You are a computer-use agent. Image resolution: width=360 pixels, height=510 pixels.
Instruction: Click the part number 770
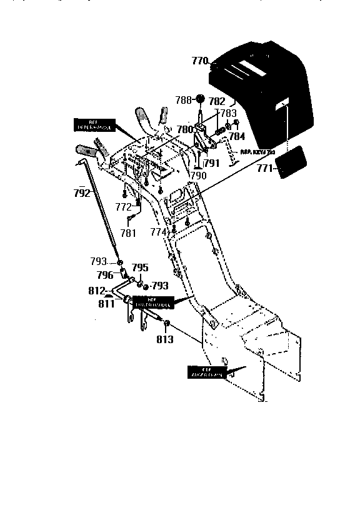pyautogui.click(x=200, y=61)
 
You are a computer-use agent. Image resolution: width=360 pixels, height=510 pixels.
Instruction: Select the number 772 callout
pyautogui.click(x=123, y=206)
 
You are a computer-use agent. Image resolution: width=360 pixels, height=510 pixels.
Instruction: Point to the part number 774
pyautogui.click(x=159, y=231)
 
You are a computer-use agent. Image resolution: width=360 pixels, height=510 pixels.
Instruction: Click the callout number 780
pyautogui.click(x=185, y=130)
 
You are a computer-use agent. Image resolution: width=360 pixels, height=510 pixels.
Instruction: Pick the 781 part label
pyautogui.click(x=127, y=233)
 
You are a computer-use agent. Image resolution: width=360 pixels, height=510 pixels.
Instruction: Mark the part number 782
pyautogui.click(x=217, y=101)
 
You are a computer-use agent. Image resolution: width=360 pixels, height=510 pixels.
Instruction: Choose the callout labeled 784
pyautogui.click(x=237, y=136)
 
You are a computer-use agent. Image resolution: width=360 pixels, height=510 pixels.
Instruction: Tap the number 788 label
pyautogui.click(x=183, y=100)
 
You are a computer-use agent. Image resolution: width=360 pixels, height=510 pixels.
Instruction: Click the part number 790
pyautogui.click(x=198, y=176)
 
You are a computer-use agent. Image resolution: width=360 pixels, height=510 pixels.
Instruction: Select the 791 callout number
pyautogui.click(x=211, y=164)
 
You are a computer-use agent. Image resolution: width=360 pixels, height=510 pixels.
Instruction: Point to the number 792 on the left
pyautogui.click(x=82, y=193)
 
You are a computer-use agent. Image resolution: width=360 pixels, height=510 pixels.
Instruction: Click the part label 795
pyautogui.click(x=139, y=267)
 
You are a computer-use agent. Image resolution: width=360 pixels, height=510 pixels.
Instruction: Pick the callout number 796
pyautogui.click(x=105, y=274)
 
